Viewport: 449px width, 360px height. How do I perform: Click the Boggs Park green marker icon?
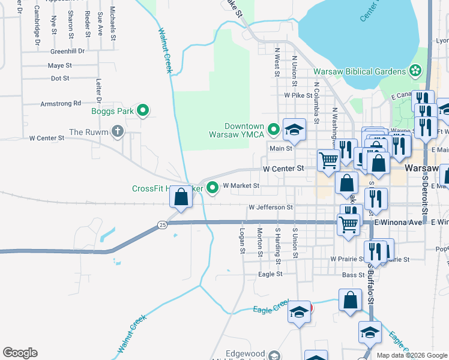tap(143, 110)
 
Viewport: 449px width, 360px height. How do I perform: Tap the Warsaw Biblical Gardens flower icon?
tap(415, 71)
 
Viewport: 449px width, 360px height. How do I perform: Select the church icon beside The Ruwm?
tap(118, 131)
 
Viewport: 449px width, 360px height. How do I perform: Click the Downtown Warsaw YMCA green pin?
tap(274, 129)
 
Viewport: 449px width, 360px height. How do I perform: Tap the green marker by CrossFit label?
tap(213, 188)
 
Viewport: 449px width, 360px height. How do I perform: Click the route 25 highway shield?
tap(162, 224)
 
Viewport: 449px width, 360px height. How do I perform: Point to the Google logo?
tap(20, 353)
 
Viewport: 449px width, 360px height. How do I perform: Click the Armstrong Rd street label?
tap(61, 104)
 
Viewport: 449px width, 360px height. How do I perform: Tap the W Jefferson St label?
tap(271, 208)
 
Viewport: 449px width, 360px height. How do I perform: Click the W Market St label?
tap(241, 186)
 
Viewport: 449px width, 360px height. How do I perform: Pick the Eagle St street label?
tap(270, 274)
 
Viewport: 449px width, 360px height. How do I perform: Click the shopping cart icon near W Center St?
tap(328, 161)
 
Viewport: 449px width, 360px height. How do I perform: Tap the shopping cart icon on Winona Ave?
tap(349, 225)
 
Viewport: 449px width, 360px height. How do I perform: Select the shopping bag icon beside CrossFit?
tap(181, 196)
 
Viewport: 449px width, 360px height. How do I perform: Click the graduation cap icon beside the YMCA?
tap(294, 129)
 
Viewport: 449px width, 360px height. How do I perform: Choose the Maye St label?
tap(60, 65)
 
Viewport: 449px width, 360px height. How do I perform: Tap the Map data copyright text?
tap(411, 355)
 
